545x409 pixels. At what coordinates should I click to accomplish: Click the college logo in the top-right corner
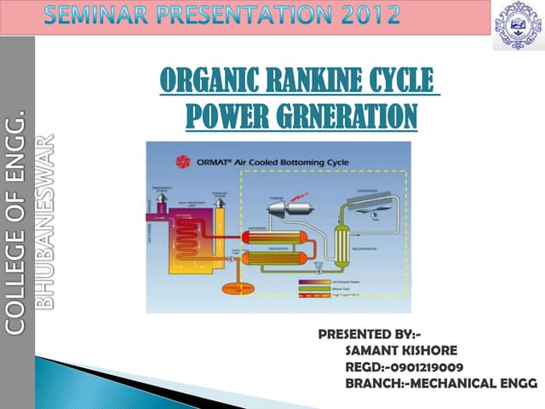(517, 25)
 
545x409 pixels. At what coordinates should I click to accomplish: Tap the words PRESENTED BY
(368, 332)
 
